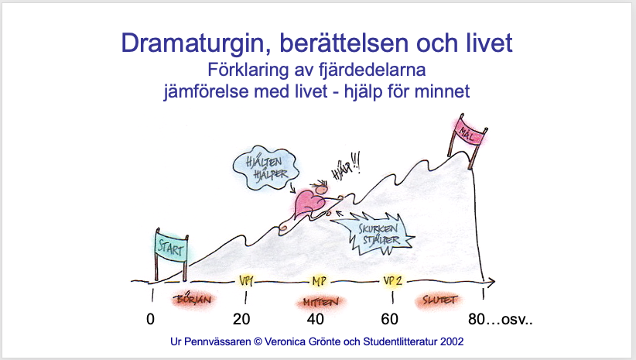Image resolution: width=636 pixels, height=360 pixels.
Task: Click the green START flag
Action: pyautogui.click(x=171, y=247)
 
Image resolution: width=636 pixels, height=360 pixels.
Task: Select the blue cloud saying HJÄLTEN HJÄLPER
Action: pyautogui.click(x=265, y=168)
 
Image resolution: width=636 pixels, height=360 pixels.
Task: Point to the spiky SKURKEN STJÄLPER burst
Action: pyautogui.click(x=375, y=234)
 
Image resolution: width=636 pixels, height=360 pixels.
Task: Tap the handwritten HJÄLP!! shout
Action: pyautogui.click(x=346, y=167)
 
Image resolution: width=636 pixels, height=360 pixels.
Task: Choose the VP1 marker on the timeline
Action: pyautogui.click(x=246, y=281)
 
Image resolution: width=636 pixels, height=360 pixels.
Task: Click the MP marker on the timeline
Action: pyautogui.click(x=320, y=281)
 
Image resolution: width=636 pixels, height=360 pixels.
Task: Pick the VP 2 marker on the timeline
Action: pyautogui.click(x=392, y=281)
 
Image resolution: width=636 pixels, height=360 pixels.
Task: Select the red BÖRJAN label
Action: pyautogui.click(x=194, y=300)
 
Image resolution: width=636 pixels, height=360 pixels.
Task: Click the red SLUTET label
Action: pyautogui.click(x=439, y=300)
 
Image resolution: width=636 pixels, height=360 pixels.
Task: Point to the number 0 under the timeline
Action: pyautogui.click(x=150, y=320)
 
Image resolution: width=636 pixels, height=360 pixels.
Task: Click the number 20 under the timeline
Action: pyautogui.click(x=241, y=320)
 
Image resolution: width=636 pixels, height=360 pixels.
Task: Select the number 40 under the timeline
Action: pyautogui.click(x=315, y=320)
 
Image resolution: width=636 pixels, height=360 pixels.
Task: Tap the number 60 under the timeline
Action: pyautogui.click(x=389, y=320)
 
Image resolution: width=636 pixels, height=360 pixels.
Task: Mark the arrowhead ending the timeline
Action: pyautogui.click(x=491, y=282)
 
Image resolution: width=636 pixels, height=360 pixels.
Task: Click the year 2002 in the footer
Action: pyautogui.click(x=452, y=341)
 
